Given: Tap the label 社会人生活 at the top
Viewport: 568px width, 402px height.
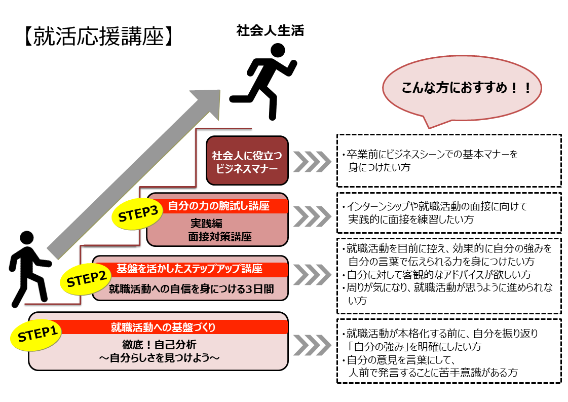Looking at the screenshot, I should [x=270, y=31].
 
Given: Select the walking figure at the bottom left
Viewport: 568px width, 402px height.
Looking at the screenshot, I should [x=29, y=268].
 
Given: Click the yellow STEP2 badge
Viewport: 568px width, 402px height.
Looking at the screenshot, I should [x=85, y=279].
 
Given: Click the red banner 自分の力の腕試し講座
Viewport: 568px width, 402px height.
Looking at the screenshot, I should [x=218, y=206].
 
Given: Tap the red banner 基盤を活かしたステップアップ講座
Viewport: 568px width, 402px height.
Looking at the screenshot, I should [x=190, y=269].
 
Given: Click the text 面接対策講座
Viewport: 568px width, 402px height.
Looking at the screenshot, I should [x=219, y=236].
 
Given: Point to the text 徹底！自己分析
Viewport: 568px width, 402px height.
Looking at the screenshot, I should [x=159, y=345].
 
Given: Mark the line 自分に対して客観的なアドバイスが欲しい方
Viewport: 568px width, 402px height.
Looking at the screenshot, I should [x=436, y=275].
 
